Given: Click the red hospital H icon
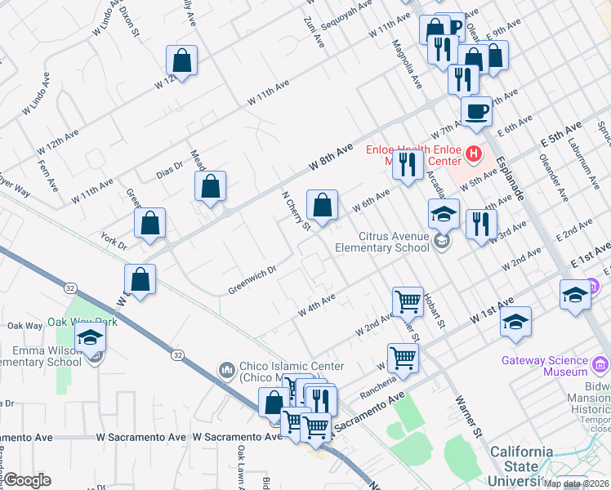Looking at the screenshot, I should pyautogui.click(x=471, y=152).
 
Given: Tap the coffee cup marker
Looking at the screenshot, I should pyautogui.click(x=476, y=112).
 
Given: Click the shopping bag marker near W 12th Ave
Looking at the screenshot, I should pyautogui.click(x=181, y=60).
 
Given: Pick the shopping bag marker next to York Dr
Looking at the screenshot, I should pyautogui.click(x=150, y=223).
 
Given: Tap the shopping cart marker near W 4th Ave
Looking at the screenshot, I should pyautogui.click(x=408, y=301).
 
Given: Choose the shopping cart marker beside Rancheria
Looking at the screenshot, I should pyautogui.click(x=403, y=357).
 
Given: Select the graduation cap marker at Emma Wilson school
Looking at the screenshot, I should pyautogui.click(x=91, y=337).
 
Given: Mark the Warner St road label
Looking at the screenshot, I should pyautogui.click(x=466, y=413).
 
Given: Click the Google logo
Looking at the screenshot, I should pyautogui.click(x=27, y=480).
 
